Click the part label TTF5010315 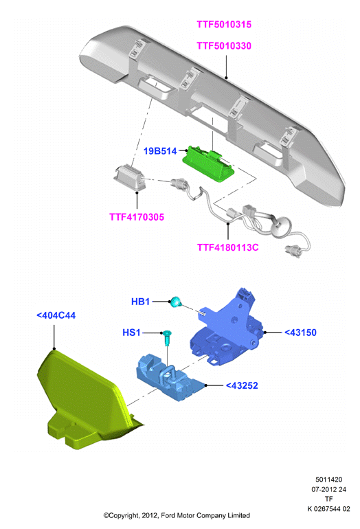[224, 25]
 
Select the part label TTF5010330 [224, 46]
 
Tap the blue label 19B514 [160, 151]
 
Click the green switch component [208, 164]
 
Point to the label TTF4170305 [137, 217]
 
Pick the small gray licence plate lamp [129, 177]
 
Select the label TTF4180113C [227, 247]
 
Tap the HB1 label [140, 302]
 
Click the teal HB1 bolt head [175, 302]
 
